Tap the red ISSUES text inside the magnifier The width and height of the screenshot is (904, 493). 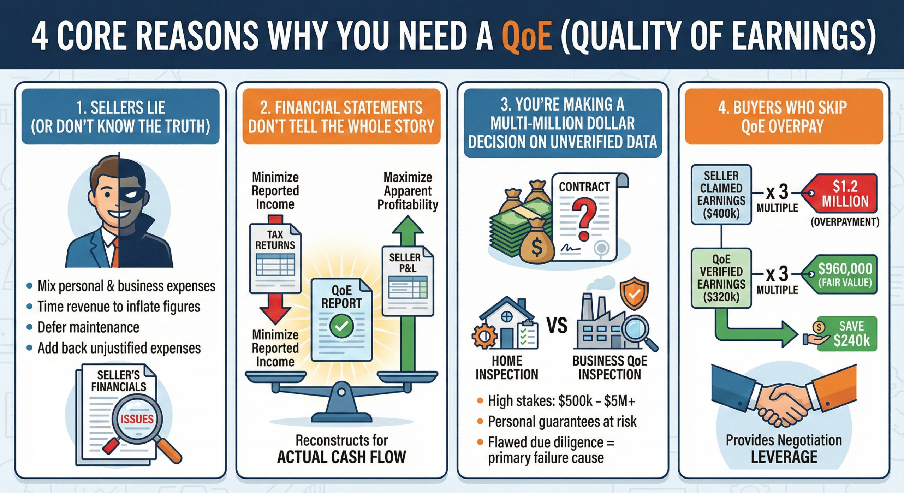(x=137, y=419)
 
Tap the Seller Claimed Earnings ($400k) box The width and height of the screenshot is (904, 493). (x=721, y=195)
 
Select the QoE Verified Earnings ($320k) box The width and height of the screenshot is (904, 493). (x=721, y=278)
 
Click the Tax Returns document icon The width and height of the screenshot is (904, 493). (x=275, y=258)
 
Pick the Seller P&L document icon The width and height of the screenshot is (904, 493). (x=408, y=281)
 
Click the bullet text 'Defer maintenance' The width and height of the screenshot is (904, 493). (x=88, y=327)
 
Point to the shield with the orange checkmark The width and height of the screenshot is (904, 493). (x=635, y=293)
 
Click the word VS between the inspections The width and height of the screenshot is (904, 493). (x=557, y=326)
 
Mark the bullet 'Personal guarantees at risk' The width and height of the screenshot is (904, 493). (x=562, y=421)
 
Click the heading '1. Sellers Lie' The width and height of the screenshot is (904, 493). (x=120, y=107)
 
